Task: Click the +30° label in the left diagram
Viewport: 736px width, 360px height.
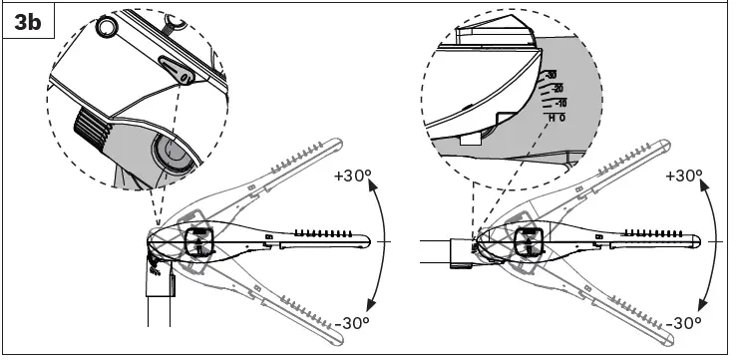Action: [351, 176]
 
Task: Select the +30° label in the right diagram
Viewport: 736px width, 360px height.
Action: [683, 176]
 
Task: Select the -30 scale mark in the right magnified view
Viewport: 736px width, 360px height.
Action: [550, 75]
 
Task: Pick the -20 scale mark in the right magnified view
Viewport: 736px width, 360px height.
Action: [555, 89]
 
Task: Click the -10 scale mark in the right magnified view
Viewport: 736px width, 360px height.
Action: [558, 103]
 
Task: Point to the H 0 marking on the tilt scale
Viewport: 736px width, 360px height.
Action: [556, 118]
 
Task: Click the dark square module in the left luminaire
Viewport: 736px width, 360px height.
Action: [197, 242]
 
